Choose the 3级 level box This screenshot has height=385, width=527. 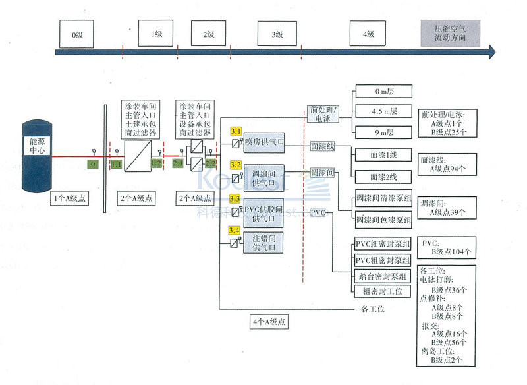tap(277, 34)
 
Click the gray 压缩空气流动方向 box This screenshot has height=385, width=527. tap(450, 34)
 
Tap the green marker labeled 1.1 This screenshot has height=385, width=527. tap(116, 163)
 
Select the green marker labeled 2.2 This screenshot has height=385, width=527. tap(211, 163)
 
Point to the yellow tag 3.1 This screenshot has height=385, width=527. tap(235, 131)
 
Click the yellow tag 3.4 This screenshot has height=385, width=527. tap(235, 230)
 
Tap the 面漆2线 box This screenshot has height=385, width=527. tap(383, 176)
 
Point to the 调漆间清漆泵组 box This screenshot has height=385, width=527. tap(383, 198)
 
